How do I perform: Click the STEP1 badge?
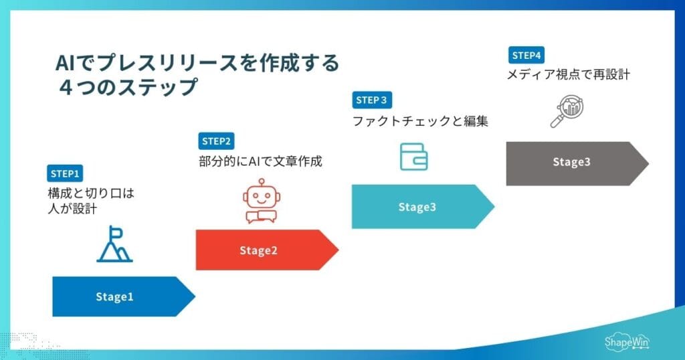click(x=65, y=173)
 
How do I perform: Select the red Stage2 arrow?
click(x=264, y=250)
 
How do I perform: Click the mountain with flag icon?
click(x=114, y=244)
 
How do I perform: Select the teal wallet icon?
click(x=413, y=156)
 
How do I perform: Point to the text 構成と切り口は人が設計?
click(x=86, y=201)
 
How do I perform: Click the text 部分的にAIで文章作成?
click(x=260, y=161)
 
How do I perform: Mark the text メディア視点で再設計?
click(x=568, y=75)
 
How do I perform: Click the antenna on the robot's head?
click(x=261, y=181)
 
